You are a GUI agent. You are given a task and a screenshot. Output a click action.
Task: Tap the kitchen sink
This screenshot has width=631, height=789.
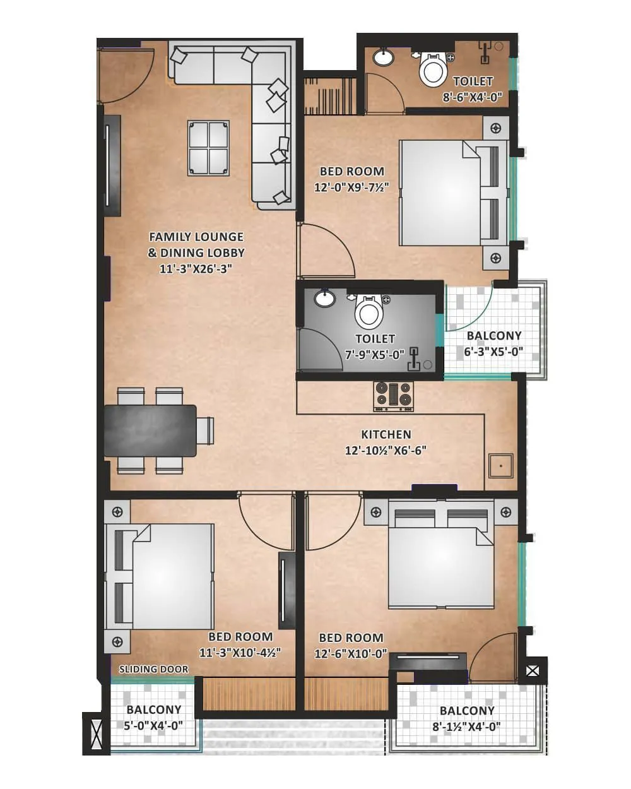500,465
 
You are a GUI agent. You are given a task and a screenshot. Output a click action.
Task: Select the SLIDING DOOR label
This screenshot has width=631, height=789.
153,669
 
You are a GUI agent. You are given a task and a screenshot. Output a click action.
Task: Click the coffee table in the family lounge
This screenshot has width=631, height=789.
208,148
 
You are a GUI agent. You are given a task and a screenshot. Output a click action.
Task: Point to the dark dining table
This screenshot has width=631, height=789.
150,430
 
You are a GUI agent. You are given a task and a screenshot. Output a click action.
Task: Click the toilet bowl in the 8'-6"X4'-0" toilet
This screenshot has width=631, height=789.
433,69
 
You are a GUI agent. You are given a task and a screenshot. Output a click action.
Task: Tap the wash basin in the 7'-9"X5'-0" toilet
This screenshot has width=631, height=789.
326,298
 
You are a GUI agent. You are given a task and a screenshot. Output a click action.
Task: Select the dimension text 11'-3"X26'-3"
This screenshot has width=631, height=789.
196,268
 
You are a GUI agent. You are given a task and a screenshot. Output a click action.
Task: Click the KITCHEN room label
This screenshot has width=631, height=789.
386,434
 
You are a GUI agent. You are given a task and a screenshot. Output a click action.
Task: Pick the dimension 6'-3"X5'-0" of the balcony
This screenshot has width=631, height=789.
493,352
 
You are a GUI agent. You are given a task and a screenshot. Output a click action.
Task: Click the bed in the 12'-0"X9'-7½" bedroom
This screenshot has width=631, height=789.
453,192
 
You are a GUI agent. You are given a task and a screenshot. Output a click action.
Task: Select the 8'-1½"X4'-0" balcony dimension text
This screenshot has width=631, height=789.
467,726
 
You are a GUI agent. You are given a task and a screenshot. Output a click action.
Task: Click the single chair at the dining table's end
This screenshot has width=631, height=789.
205,430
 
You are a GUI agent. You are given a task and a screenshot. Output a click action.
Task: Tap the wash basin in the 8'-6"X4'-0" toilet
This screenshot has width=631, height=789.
383,57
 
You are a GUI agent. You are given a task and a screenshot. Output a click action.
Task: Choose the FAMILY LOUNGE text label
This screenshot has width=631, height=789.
196,237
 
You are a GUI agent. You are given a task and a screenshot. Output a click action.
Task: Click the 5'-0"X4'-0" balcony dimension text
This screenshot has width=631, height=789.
153,725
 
